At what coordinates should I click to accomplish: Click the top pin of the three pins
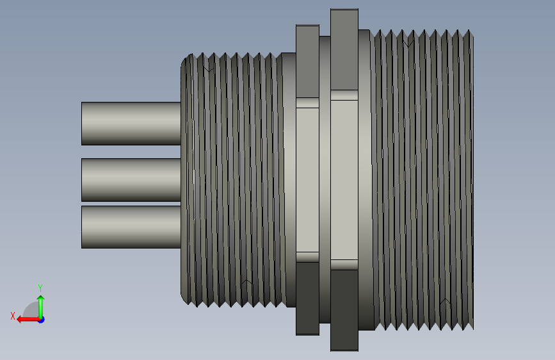point(131,124)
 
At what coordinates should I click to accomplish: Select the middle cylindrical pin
point(131,180)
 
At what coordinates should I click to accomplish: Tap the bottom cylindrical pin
point(131,227)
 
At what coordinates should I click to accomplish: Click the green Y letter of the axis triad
point(40,288)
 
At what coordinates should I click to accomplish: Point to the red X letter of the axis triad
point(13,316)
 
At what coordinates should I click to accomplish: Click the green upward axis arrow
point(41,307)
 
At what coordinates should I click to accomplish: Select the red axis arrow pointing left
point(29,320)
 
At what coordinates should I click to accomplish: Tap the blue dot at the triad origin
point(42,320)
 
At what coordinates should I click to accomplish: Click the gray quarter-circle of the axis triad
point(32,311)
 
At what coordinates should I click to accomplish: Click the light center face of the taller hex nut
point(344,180)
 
